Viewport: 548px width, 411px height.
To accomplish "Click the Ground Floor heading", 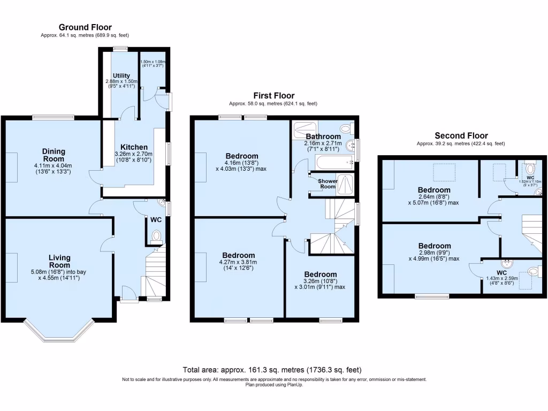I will [85, 27].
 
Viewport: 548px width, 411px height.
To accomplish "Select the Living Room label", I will [59, 261].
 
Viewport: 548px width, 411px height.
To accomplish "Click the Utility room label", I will [121, 75].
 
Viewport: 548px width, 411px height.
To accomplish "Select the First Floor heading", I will [273, 96].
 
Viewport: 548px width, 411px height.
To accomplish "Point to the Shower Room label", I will [328, 184].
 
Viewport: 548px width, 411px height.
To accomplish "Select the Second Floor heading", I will [461, 136].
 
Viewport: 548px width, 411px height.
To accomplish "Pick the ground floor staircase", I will [154, 276].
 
